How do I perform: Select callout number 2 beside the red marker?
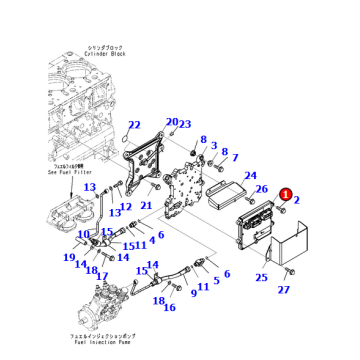pyautogui.click(x=297, y=201)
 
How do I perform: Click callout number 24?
pyautogui.click(x=250, y=176)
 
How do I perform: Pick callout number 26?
pyautogui.click(x=261, y=189)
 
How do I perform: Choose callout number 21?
pyautogui.click(x=146, y=206)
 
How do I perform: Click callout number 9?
pyautogui.click(x=193, y=293)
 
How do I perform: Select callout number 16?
pyautogui.click(x=169, y=307)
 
